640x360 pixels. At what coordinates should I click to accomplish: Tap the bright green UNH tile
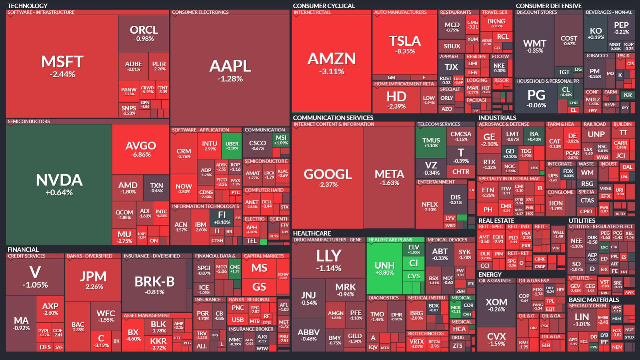(384, 268)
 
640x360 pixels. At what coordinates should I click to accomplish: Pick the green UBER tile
(232, 146)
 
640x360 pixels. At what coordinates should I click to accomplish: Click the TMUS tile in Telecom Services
(431, 142)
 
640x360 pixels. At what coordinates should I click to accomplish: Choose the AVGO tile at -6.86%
(140, 149)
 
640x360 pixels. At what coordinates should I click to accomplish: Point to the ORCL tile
(144, 33)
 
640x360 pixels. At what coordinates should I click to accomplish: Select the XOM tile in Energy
(496, 305)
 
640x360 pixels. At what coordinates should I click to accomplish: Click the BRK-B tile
(154, 285)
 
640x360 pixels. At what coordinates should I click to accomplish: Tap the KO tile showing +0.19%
(596, 33)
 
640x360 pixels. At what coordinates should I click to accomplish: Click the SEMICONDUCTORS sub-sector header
(29, 121)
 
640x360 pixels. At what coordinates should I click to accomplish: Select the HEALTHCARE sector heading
(312, 233)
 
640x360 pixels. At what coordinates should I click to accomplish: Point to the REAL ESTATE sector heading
(496, 221)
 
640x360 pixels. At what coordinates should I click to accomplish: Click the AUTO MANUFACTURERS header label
(400, 12)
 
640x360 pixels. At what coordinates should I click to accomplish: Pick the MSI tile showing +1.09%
(281, 140)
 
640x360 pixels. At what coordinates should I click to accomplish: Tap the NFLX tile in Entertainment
(430, 206)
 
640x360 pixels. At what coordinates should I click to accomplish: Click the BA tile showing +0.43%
(534, 136)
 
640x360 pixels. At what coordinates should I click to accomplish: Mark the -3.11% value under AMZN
(331, 71)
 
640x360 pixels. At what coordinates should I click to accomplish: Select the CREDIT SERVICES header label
(27, 256)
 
